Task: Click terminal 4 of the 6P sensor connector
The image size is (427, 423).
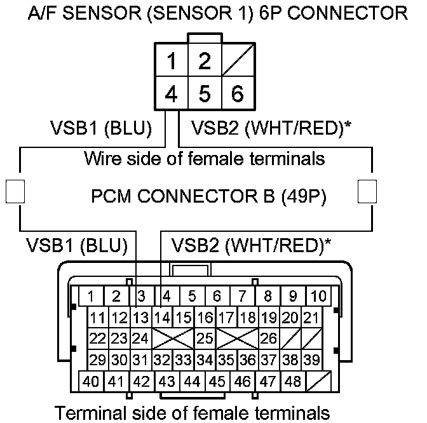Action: pos(171,95)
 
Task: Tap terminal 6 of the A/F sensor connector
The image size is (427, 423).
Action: pos(237,95)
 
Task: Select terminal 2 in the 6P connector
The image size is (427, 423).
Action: pos(204,62)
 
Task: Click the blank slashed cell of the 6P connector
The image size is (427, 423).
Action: pos(237,62)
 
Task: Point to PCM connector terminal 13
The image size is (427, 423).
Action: pos(141,317)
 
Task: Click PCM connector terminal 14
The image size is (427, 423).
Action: pos(163,317)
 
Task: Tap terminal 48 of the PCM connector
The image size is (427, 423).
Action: pos(293,382)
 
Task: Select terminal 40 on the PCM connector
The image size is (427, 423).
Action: pos(91,382)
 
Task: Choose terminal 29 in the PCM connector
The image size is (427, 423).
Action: pos(97,359)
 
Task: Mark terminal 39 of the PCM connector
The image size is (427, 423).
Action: pos(311,359)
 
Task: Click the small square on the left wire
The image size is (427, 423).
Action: pos(14,191)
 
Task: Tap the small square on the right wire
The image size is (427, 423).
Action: pos(367,191)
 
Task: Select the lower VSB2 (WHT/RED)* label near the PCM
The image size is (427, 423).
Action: pos(251,246)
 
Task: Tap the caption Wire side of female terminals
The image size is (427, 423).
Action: pos(205,158)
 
